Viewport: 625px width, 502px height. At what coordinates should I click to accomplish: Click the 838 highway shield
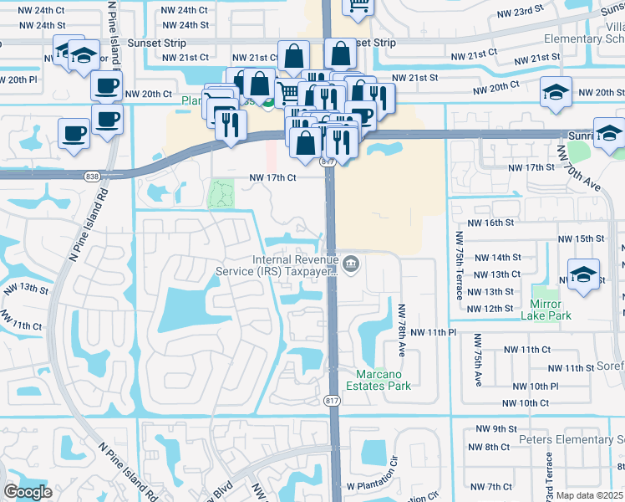point(92,176)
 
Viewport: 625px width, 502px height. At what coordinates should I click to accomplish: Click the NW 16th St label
point(490,223)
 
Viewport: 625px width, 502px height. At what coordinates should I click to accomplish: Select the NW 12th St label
point(490,309)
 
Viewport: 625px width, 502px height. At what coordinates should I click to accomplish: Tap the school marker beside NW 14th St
point(582,273)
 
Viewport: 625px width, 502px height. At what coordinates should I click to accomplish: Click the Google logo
point(28,492)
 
